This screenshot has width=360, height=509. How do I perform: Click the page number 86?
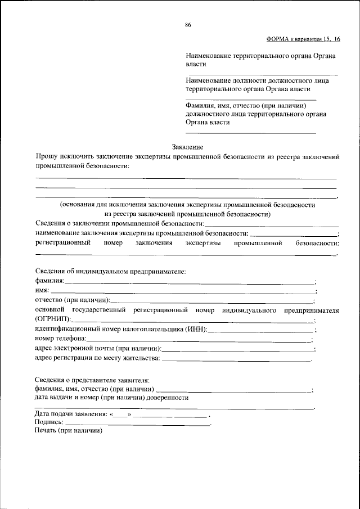188,24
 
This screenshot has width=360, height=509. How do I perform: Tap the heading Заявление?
188,146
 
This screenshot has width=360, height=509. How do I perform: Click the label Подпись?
49,422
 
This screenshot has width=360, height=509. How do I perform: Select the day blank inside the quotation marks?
121,415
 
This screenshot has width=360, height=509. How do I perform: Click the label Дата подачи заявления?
71,414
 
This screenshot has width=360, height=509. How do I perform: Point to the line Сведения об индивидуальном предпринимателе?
110,271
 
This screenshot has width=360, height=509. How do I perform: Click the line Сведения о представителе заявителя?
92,380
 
